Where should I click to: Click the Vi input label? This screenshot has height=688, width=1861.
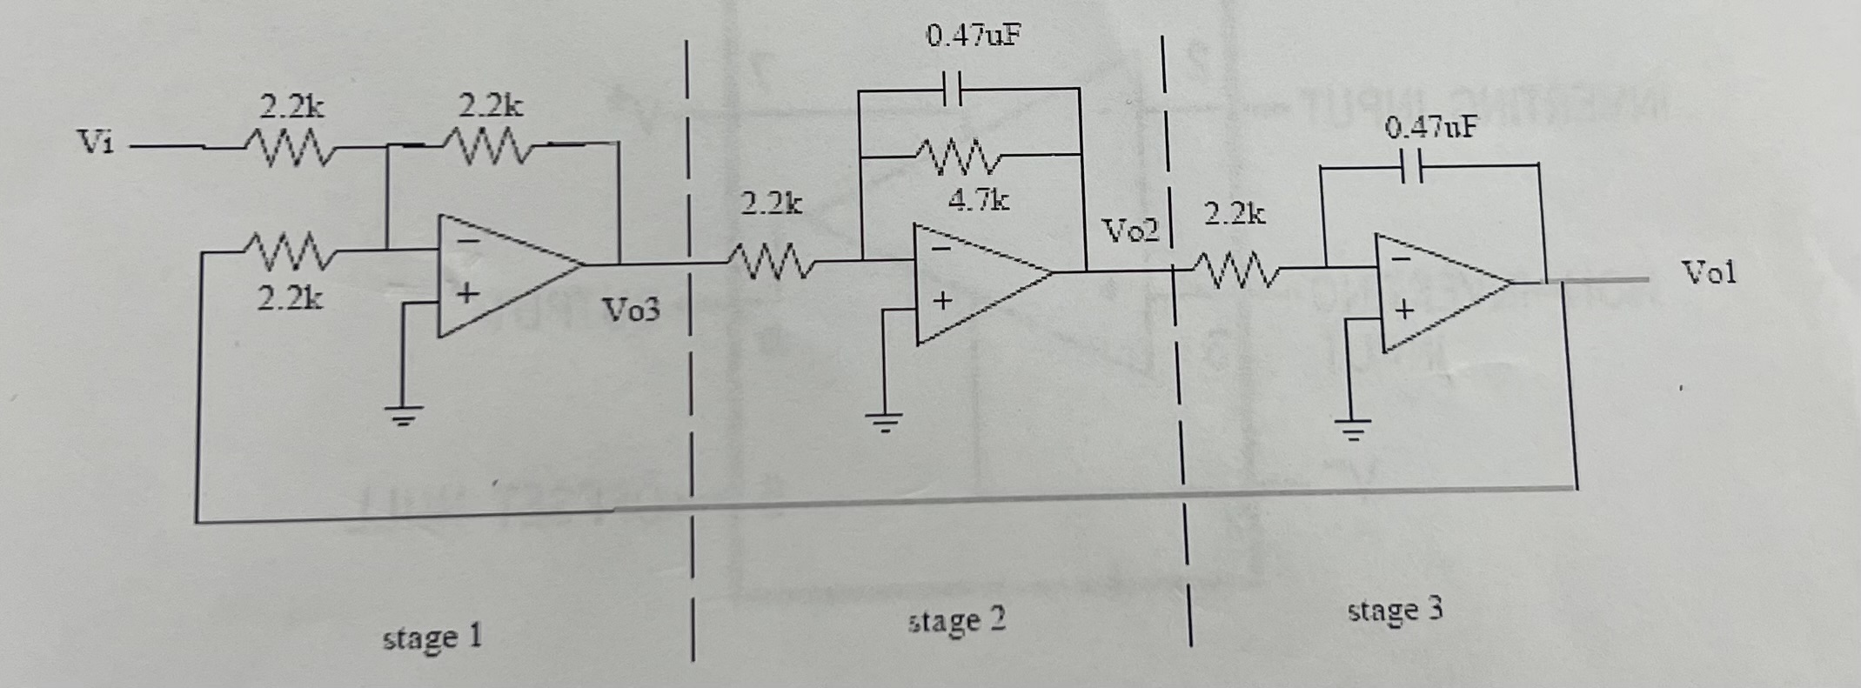[x=96, y=141]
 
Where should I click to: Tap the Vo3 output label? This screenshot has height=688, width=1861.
[x=632, y=310]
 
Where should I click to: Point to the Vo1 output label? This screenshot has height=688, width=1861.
[x=1708, y=273]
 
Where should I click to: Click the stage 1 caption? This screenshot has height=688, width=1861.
[x=432, y=638]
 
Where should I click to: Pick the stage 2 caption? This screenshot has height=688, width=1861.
[x=956, y=621]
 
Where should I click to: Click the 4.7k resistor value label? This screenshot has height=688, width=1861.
[x=979, y=201]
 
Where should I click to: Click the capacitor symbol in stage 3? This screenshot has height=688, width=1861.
[x=1413, y=165]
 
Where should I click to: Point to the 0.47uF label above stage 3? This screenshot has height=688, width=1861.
[x=1430, y=129]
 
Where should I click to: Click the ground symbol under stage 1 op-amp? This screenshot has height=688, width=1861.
[x=402, y=416]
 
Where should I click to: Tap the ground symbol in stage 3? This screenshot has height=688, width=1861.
[x=1351, y=429]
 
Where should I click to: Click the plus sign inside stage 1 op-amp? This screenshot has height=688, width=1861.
[x=467, y=294]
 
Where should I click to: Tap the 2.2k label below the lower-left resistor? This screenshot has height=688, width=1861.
[x=289, y=298]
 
